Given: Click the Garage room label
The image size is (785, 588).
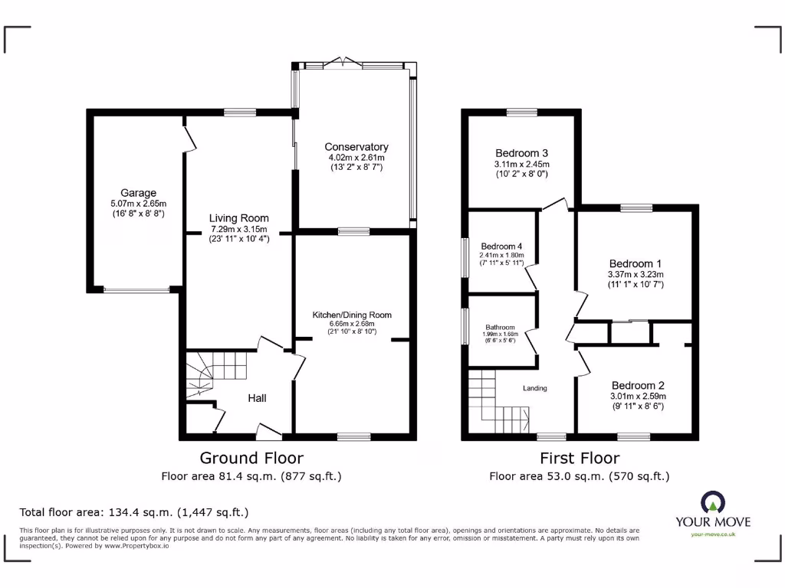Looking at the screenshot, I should (138, 193).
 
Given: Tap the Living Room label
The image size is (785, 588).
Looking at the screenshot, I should (239, 218).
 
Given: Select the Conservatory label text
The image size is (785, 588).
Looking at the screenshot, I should (356, 147).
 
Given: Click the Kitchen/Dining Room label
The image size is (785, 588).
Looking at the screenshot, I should (352, 315).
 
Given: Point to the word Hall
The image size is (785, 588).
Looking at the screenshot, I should (257, 398).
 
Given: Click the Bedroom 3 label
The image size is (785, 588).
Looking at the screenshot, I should (521, 153).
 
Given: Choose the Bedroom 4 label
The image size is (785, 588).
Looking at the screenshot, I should (501, 245).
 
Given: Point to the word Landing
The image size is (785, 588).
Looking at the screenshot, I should (535, 388).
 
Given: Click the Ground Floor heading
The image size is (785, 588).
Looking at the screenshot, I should (251, 458).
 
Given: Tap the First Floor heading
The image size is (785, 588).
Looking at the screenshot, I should (580, 458).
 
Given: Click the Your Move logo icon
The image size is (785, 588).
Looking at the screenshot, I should (712, 503).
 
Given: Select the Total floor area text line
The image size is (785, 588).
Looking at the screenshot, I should (134, 512).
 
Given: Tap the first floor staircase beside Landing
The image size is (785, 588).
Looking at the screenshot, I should (495, 399).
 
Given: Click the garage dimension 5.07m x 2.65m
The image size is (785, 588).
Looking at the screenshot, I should (138, 204).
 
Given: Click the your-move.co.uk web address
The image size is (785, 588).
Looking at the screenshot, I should (713, 534).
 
